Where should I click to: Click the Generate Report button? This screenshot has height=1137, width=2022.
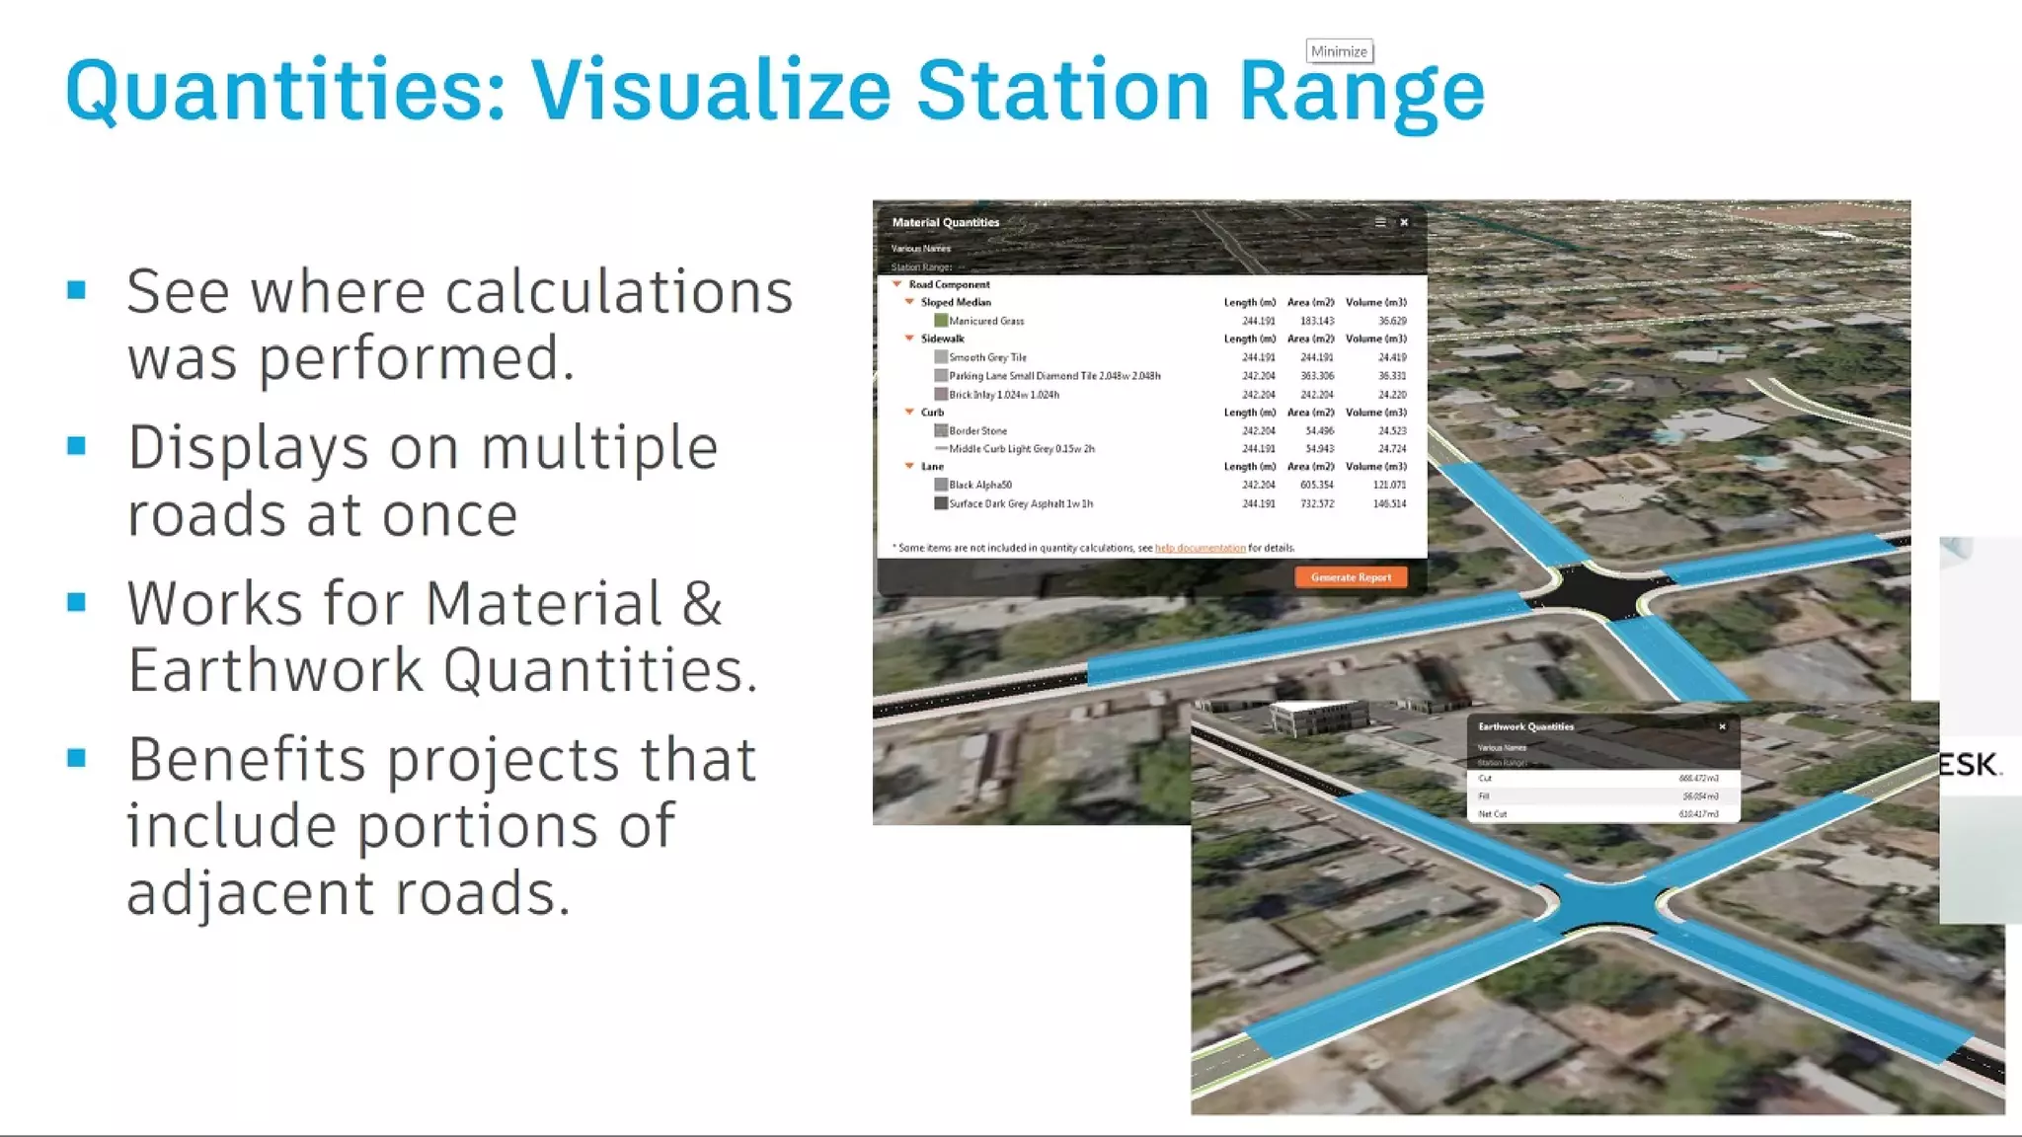pyautogui.click(x=1351, y=577)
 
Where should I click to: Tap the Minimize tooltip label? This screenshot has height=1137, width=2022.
pyautogui.click(x=1339, y=51)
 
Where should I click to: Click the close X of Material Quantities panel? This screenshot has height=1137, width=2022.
pyautogui.click(x=1404, y=222)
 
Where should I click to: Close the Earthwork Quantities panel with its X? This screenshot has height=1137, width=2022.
pyautogui.click(x=1722, y=726)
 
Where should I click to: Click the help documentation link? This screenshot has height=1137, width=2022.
pyautogui.click(x=1200, y=548)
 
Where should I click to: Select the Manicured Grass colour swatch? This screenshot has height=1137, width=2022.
pyautogui.click(x=941, y=321)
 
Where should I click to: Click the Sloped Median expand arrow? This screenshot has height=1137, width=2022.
pyautogui.click(x=909, y=302)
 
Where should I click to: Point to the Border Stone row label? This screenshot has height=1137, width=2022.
pyautogui.click(x=977, y=431)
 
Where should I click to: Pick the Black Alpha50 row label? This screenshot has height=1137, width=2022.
pyautogui.click(x=979, y=485)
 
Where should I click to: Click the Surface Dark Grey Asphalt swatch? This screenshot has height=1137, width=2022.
pyautogui.click(x=941, y=503)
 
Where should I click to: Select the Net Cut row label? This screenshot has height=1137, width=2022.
pyautogui.click(x=1493, y=814)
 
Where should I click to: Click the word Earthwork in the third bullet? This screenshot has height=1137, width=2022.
pyautogui.click(x=275, y=670)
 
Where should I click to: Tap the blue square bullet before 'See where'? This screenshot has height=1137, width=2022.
pyautogui.click(x=77, y=290)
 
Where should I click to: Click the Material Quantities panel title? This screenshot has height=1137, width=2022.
pyautogui.click(x=945, y=222)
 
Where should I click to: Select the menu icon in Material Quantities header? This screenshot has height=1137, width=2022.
pyautogui.click(x=1380, y=222)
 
